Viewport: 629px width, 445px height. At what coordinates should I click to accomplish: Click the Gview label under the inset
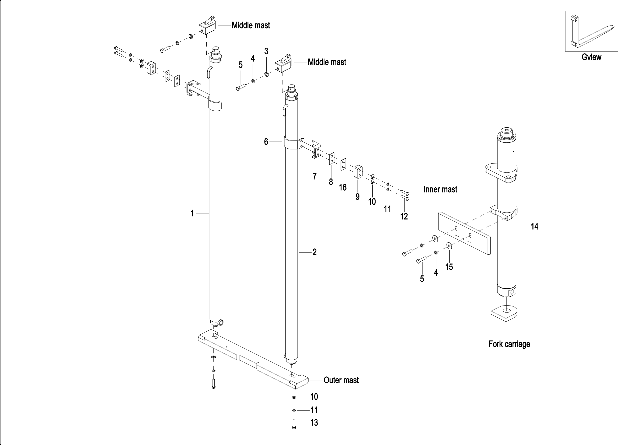point(591,57)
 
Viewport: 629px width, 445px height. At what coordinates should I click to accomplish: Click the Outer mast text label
point(341,380)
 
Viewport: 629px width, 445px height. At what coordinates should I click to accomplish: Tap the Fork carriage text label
point(509,344)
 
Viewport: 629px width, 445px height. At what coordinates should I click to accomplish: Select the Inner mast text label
point(440,189)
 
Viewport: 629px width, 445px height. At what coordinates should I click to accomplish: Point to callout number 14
point(535,226)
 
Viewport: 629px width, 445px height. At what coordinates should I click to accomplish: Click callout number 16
point(343,187)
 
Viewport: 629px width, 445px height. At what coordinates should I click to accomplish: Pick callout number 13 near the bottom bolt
point(314,422)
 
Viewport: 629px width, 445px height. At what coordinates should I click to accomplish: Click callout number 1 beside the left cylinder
point(192,213)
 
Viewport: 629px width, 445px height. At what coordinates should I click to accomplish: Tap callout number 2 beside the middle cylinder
point(315,252)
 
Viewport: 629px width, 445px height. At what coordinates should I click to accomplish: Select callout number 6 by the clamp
point(266,142)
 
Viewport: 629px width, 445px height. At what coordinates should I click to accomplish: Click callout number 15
point(449,267)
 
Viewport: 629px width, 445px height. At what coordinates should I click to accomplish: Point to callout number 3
point(266,51)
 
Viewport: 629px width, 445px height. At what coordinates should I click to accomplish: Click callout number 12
point(404,216)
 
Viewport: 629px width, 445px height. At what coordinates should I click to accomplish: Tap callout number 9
point(357,197)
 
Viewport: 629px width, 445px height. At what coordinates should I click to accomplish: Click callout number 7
point(315,176)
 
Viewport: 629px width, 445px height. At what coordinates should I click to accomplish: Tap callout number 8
point(331,182)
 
